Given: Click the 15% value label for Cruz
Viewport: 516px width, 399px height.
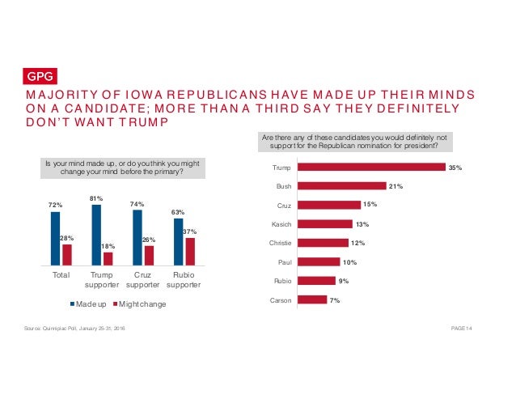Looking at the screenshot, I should [372, 205].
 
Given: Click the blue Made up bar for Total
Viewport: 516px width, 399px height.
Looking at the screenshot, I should [55, 238].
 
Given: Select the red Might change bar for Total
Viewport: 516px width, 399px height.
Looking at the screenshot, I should [66, 254].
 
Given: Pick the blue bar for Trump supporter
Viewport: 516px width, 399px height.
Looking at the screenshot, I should [96, 235].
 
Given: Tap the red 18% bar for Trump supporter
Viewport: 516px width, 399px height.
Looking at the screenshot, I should [108, 258].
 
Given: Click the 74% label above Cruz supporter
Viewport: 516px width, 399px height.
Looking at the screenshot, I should [137, 205].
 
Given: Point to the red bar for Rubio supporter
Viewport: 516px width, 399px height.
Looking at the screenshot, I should [190, 251].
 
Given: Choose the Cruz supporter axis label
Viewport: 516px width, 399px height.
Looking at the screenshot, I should [142, 280].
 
